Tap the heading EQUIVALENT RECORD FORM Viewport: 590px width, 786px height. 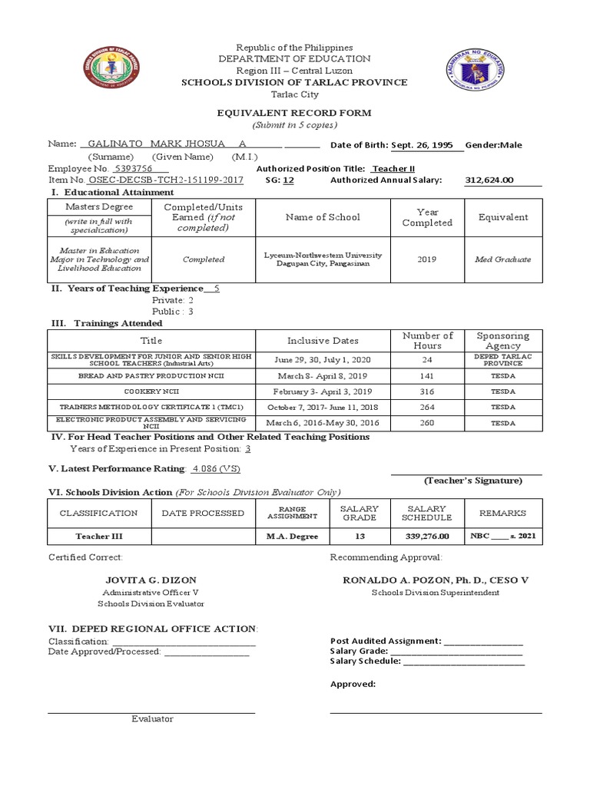[294, 113]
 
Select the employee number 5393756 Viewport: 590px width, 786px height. [132, 168]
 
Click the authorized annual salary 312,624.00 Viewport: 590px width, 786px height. [489, 180]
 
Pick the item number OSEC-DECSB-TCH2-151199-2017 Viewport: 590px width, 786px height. [166, 180]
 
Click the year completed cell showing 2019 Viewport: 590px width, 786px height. [426, 259]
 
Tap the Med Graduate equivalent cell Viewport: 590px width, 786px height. [502, 259]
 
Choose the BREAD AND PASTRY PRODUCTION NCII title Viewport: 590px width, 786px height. [151, 377]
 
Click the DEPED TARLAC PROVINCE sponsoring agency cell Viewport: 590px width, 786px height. [502, 360]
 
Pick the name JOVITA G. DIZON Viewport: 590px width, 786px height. [151, 580]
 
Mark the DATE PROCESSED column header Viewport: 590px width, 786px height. [203, 513]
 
